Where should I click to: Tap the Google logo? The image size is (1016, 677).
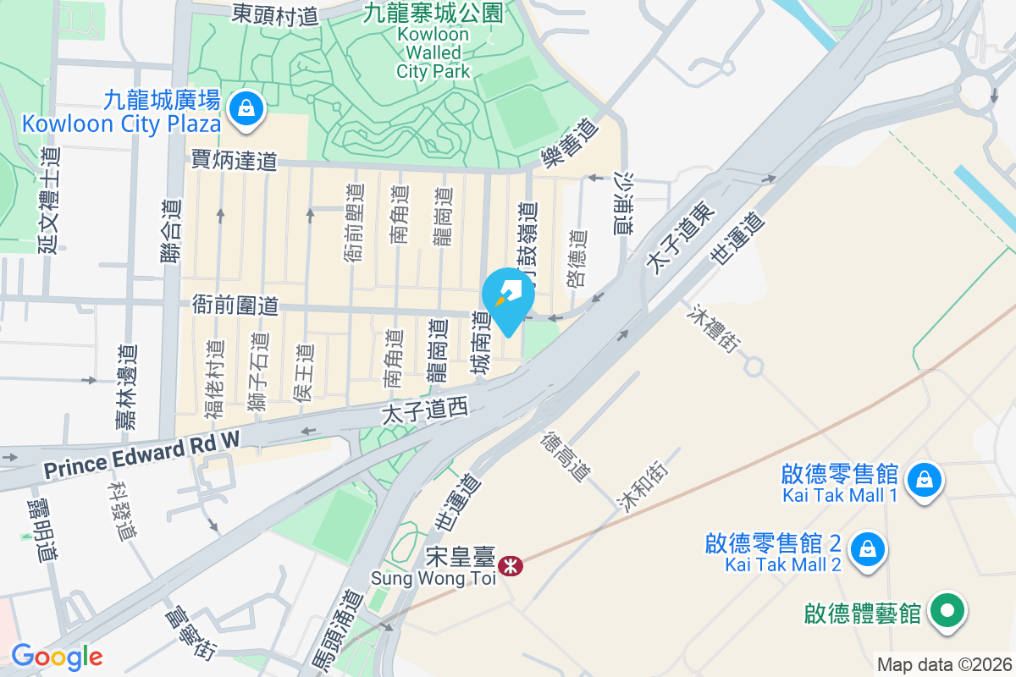pos(56,657)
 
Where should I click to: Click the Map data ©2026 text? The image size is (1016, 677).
pos(944,664)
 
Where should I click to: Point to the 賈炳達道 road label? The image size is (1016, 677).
pos(235,160)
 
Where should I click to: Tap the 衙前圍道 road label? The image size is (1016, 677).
pos(235,305)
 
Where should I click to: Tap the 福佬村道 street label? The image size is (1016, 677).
pos(215,378)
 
